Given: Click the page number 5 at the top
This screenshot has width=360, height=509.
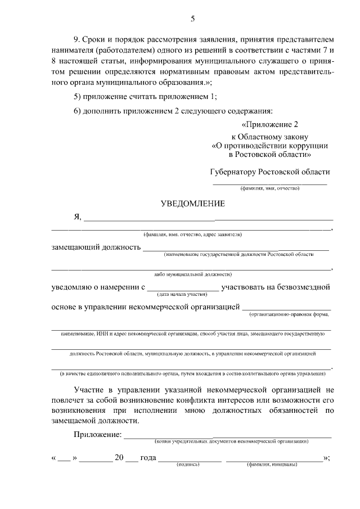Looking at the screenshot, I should pyautogui.click(x=192, y=19).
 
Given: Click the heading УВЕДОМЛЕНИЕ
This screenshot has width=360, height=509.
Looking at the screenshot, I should pyautogui.click(x=192, y=202).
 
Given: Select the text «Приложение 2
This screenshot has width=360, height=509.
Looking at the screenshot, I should pyautogui.click(x=269, y=124).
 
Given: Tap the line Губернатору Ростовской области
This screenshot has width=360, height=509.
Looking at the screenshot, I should pyautogui.click(x=269, y=172).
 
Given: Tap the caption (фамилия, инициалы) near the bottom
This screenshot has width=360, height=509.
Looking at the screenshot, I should pyautogui.click(x=272, y=465).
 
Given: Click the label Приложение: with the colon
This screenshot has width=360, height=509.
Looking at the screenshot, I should pyautogui.click(x=97, y=435).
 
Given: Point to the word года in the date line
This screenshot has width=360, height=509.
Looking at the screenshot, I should pyautogui.click(x=147, y=458).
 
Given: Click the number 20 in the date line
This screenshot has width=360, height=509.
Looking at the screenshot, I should pyautogui.click(x=119, y=458).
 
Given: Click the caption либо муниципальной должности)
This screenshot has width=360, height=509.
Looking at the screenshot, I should pyautogui.click(x=192, y=274).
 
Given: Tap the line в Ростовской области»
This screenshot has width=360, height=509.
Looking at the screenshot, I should pyautogui.click(x=269, y=154).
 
